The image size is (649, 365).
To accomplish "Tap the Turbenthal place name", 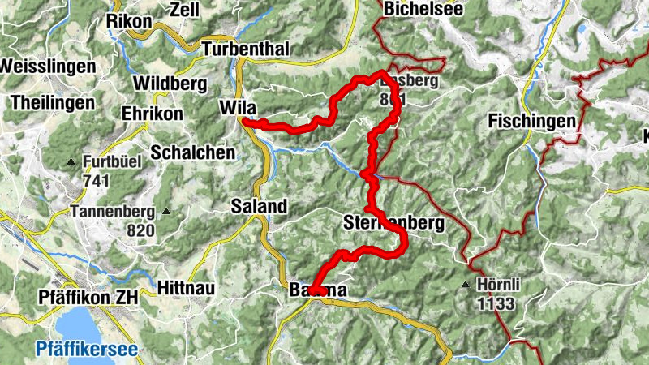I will pyautogui.click(x=245, y=49).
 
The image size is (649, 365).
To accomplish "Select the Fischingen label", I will pyautogui.click(x=532, y=122).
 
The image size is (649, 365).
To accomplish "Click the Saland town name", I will pyautogui.click(x=259, y=206).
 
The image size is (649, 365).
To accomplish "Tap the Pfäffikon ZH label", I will pyautogui.click(x=89, y=298).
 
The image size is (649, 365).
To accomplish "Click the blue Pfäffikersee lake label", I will pyautogui.click(x=87, y=350).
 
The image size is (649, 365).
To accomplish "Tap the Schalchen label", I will pyautogui.click(x=192, y=152).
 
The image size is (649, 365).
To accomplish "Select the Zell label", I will pyautogui.click(x=185, y=10).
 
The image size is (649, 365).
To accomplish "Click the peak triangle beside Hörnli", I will pyautogui.click(x=466, y=286).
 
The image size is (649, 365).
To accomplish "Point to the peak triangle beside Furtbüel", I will pyautogui.click(x=71, y=162).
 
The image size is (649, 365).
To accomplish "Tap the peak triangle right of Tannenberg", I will pyautogui.click(x=166, y=212).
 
